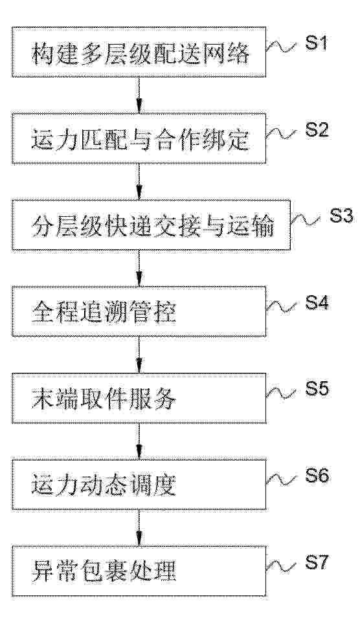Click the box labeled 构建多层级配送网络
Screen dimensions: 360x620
(x=139, y=52)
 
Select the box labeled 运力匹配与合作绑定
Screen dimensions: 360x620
(x=139, y=138)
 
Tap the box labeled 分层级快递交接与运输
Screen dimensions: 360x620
(x=151, y=225)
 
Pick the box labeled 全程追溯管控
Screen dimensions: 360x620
(x=139, y=311)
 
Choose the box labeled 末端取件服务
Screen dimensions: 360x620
(x=139, y=398)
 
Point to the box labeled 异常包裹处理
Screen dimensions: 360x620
(x=139, y=571)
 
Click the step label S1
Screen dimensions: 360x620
(x=317, y=43)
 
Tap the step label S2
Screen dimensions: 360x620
(x=317, y=130)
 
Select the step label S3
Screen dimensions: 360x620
(x=341, y=216)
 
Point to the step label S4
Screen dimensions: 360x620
(x=317, y=303)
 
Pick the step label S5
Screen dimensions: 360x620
(x=317, y=390)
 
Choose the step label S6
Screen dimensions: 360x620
(x=317, y=476)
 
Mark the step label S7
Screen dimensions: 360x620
(x=317, y=562)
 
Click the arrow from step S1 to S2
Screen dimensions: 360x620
(x=139, y=95)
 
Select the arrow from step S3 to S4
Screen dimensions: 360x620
(x=139, y=269)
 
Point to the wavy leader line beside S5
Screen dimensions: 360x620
(x=281, y=393)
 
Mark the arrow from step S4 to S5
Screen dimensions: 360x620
(x=139, y=355)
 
